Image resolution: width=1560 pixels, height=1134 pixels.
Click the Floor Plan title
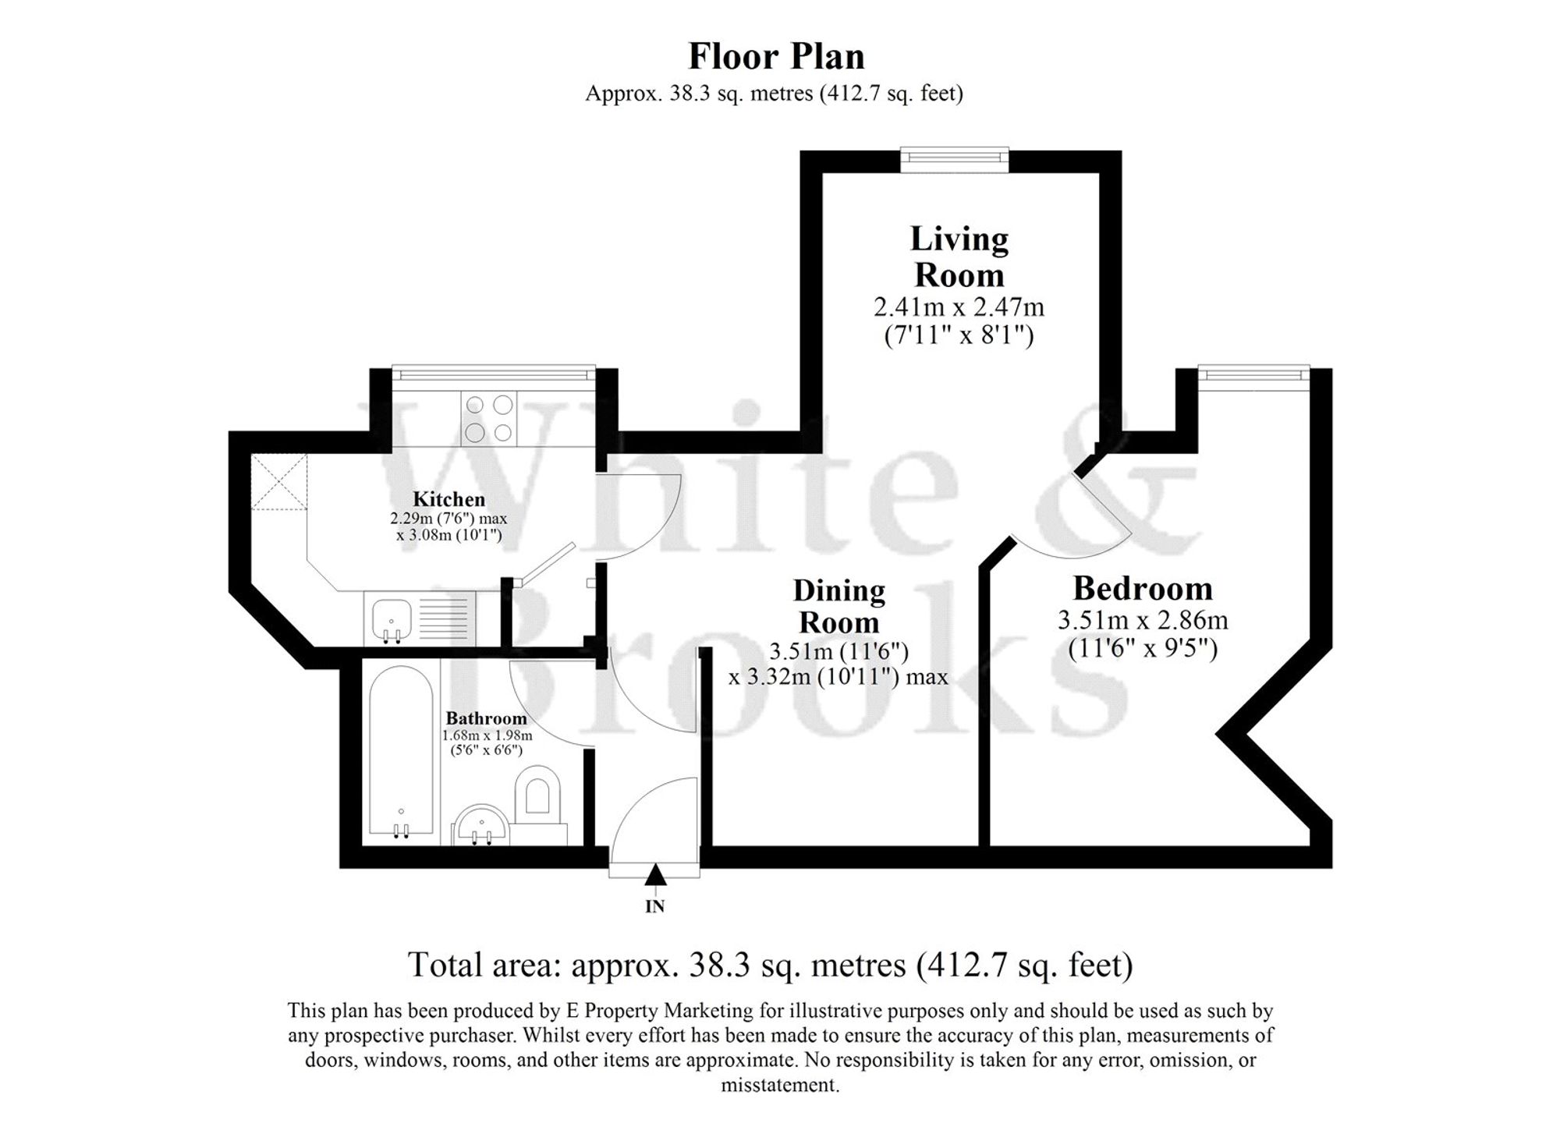pyautogui.click(x=776, y=57)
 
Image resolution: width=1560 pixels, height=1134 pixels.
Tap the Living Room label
pyautogui.click(x=959, y=257)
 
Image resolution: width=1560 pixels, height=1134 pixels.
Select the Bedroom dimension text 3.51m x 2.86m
pyautogui.click(x=1142, y=621)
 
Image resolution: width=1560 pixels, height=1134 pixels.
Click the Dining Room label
pyautogui.click(x=838, y=607)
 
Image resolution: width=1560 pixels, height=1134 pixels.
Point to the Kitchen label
pyautogui.click(x=448, y=499)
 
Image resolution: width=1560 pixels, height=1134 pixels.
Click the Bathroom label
pyautogui.click(x=486, y=718)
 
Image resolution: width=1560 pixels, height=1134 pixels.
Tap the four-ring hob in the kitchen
pyautogui.click(x=488, y=418)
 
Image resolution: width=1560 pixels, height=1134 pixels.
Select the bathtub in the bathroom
pyautogui.click(x=401, y=753)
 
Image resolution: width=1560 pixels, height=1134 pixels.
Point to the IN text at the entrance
pyautogui.click(x=654, y=906)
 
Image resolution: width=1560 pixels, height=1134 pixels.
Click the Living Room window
pyautogui.click(x=954, y=158)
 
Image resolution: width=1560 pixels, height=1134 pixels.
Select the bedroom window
pyautogui.click(x=1253, y=375)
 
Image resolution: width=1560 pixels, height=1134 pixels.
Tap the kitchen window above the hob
pyautogui.click(x=493, y=374)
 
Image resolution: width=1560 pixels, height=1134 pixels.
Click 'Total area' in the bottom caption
pyautogui.click(x=484, y=966)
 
